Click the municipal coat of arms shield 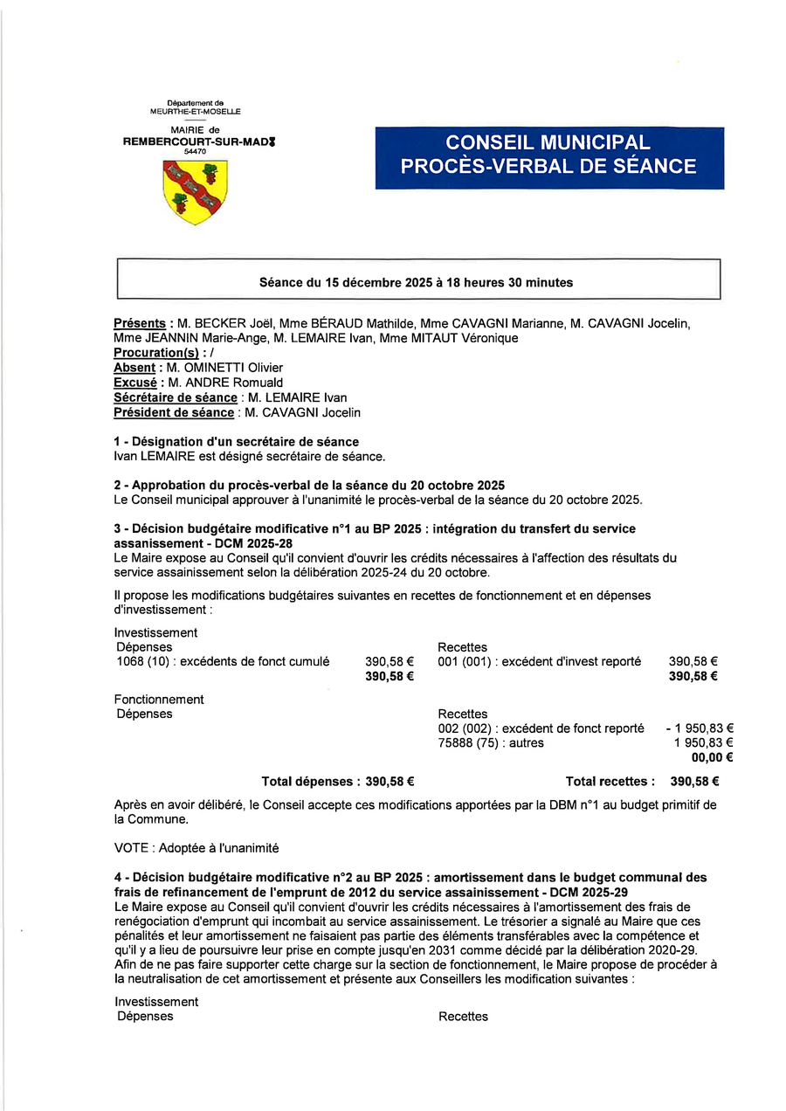[195, 191]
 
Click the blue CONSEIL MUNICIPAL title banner [549, 157]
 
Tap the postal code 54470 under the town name [195, 151]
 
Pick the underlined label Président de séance [174, 412]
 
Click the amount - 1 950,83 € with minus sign [699, 728]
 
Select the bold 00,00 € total [712, 758]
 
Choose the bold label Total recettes [610, 782]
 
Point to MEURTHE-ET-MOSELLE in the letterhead [195, 112]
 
